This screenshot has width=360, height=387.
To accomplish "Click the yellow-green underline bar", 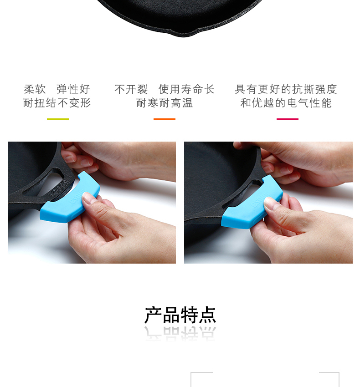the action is (x=58, y=119).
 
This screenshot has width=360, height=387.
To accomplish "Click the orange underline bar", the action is (x=165, y=119).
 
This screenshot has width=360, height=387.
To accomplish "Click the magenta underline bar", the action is (x=288, y=119).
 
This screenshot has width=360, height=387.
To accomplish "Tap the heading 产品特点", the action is (x=180, y=315).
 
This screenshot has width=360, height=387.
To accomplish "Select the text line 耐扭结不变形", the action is (x=57, y=103).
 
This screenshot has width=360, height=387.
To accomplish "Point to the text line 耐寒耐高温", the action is (x=165, y=103).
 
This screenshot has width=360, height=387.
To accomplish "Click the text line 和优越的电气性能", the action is (x=286, y=103).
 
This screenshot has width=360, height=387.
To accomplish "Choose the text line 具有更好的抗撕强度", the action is (x=286, y=89).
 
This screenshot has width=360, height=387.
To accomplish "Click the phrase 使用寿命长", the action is (x=186, y=89).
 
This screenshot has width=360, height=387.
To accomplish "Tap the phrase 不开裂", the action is (x=131, y=89).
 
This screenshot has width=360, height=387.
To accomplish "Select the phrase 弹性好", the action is (x=73, y=89).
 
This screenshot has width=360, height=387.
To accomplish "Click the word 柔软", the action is (x=35, y=89).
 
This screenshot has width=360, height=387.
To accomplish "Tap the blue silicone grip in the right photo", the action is (x=252, y=203).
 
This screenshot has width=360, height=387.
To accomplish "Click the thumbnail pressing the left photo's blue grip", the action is (x=87, y=198).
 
